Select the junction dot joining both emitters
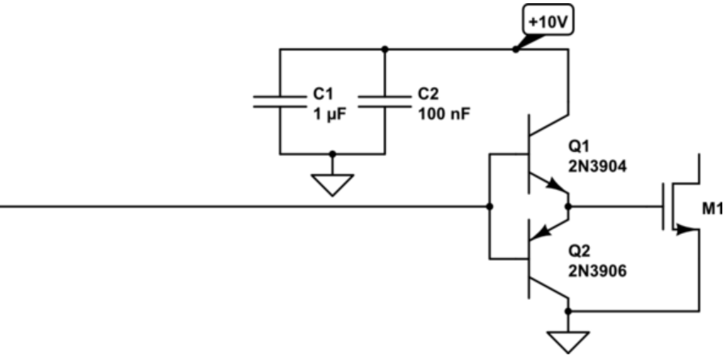point(568,206)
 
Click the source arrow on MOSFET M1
point(687,229)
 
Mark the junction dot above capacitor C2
point(384,49)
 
